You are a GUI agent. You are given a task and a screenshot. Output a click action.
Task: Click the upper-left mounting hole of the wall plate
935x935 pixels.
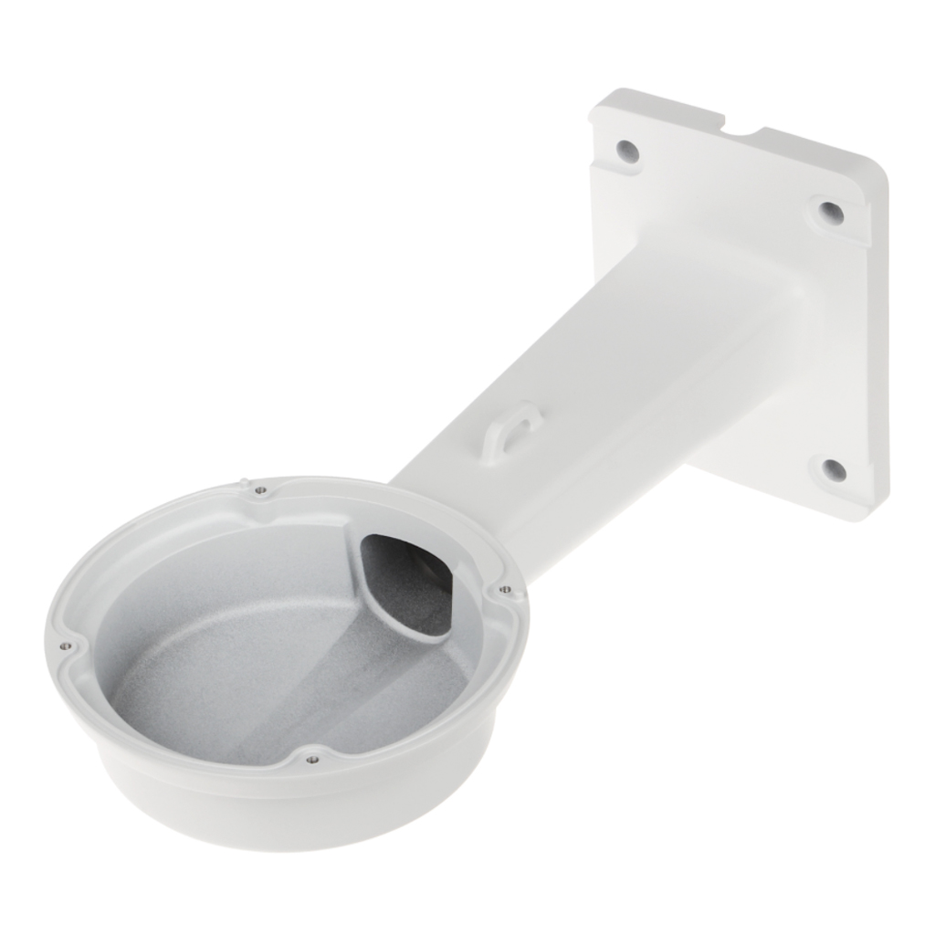[627, 151]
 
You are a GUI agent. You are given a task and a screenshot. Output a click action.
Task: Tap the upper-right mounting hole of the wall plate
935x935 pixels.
[831, 212]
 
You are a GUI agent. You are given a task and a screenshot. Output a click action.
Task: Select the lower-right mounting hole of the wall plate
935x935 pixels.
[834, 470]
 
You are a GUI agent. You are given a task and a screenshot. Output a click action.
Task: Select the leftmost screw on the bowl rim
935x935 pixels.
[65, 646]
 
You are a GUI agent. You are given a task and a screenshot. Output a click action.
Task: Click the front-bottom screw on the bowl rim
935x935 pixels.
[312, 758]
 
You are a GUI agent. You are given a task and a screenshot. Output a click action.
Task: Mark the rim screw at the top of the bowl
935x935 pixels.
[261, 490]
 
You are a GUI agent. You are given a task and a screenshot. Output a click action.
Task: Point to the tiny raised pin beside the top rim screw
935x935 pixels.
[245, 481]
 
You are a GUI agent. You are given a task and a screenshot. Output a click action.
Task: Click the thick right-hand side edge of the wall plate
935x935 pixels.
[876, 347]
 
